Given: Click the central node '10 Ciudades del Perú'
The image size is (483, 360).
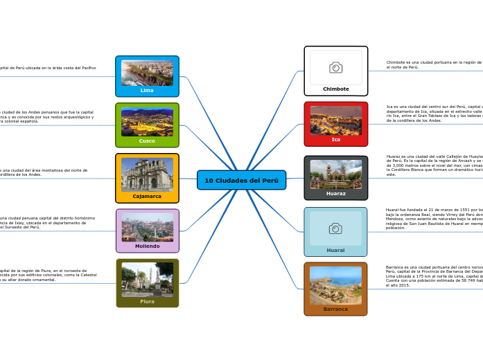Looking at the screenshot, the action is point(241,180).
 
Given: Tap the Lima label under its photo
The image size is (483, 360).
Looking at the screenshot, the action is point(147,91).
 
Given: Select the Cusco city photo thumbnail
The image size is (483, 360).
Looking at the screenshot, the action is point(147,122).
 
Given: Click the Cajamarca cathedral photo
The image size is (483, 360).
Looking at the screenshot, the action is point(147,174).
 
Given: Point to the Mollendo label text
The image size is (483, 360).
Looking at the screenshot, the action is point(147,246).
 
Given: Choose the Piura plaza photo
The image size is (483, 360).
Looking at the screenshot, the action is point(147,279).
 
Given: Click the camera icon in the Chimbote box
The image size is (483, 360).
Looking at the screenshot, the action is point(335,67).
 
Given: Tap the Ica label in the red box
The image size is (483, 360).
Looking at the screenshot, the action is point(335,139).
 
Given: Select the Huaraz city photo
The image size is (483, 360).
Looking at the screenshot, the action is point(335,174).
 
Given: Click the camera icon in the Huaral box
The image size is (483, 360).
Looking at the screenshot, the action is point(335,228).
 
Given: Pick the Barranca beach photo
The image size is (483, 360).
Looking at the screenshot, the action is point(335,285).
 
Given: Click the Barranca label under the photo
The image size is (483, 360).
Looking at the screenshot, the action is point(335,309).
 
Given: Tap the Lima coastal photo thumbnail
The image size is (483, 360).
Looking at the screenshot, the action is point(147,73).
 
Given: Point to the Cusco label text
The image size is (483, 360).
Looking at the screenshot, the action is point(147,141).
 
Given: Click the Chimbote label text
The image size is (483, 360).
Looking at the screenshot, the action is point(335,89).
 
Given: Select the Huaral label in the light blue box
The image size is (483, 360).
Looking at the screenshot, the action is point(335,250).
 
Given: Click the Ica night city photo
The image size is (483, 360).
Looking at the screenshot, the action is point(335,120).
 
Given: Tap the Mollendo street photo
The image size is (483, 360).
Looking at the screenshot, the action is point(147,227).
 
